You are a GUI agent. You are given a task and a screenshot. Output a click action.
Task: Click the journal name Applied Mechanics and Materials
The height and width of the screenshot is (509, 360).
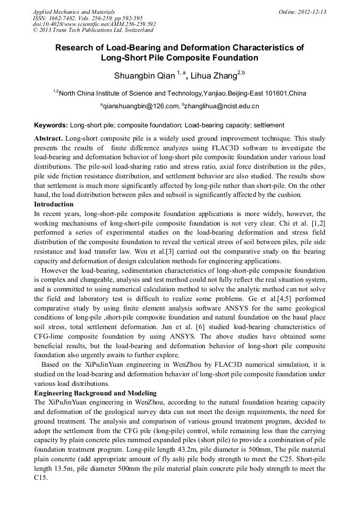coord(74,12)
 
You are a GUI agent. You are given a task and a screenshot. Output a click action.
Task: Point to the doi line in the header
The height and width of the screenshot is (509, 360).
coord(94,24)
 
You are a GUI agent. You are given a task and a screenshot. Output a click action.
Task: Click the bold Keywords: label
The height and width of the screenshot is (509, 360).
coord(51,126)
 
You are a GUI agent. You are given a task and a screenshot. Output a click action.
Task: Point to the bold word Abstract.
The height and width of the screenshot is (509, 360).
coord(48,138)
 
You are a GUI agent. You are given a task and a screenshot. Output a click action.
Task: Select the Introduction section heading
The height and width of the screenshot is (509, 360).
coord(54,204)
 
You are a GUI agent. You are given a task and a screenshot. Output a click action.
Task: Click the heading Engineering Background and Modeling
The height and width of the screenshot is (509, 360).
coord(95,393)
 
